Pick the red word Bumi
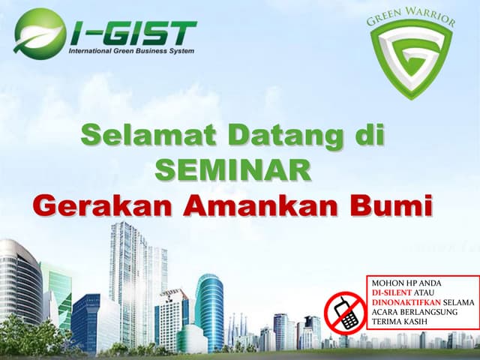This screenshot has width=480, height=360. [x=394, y=204]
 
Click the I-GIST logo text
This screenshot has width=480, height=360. [x=133, y=32]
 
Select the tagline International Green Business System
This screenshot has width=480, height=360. [x=131, y=52]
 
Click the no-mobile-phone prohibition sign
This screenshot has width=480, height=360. [x=344, y=310]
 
